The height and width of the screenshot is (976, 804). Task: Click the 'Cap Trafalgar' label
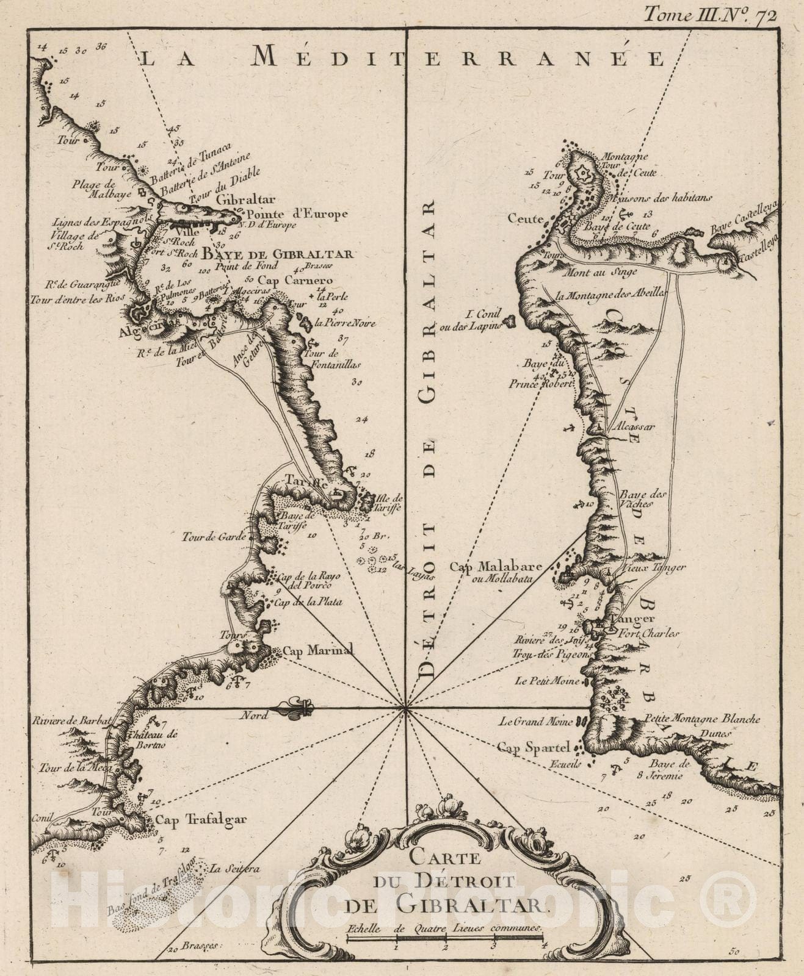[201, 819]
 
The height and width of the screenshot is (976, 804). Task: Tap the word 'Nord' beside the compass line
[255, 716]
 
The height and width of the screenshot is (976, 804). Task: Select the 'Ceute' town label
[525, 218]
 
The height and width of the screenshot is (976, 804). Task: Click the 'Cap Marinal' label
[317, 650]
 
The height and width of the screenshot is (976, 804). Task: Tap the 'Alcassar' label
[635, 426]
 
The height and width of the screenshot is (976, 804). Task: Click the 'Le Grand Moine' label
[535, 722]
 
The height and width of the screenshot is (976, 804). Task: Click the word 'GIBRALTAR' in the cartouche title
[472, 905]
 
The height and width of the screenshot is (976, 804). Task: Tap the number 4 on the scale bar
[543, 947]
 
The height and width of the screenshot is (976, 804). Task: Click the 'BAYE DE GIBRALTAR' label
[278, 254]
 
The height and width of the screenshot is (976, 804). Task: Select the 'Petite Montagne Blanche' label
[702, 719]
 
